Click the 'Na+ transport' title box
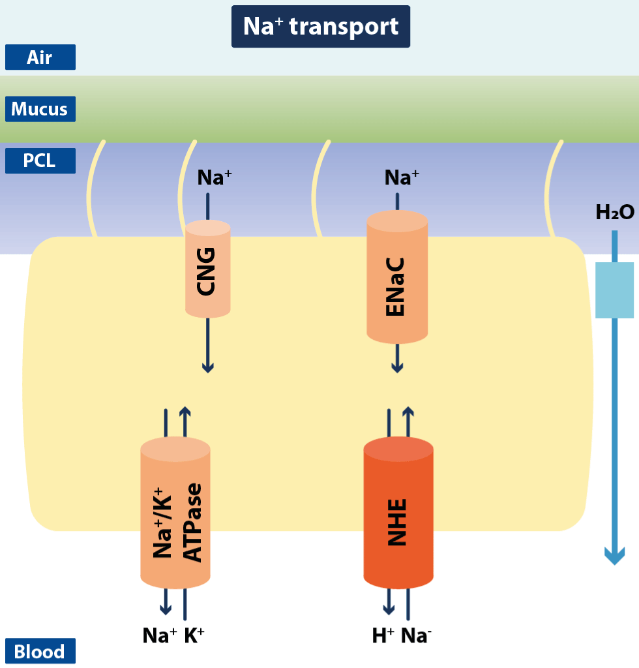point(320,27)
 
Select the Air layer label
point(40,57)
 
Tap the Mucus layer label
point(40,109)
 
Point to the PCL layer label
point(40,160)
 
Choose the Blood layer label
point(40,651)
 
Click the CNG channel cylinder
point(207,269)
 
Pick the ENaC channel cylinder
point(396,277)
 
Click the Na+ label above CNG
point(215,177)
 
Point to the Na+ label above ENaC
point(401,177)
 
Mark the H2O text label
point(614,212)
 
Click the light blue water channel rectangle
point(614,290)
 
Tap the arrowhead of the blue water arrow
point(614,556)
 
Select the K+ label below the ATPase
point(194,635)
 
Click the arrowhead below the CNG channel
point(207,367)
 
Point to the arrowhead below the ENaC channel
point(396,367)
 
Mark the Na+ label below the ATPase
point(159,635)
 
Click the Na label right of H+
point(415,635)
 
